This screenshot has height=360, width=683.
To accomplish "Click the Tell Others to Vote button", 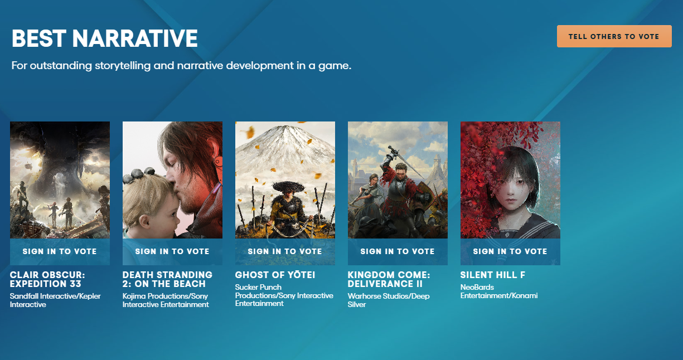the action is (614, 36).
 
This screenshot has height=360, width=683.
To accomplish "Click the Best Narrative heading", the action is (105, 38).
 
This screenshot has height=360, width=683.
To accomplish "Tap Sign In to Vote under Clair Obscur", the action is (60, 251).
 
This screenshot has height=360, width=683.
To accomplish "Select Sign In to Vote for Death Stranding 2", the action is (172, 251).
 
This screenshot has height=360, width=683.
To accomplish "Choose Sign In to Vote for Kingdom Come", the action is (398, 251).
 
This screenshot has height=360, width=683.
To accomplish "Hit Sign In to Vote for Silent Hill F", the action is (510, 251).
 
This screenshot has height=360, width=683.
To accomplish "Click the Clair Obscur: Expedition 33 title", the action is (47, 279).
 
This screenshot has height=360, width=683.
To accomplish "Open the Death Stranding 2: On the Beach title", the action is (167, 279).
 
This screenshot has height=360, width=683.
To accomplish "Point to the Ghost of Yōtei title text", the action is (275, 275).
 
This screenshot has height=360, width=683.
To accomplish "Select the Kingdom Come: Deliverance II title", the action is (389, 279).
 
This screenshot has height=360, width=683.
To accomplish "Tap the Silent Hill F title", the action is (493, 275).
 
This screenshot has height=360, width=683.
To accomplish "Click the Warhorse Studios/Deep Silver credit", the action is (389, 300).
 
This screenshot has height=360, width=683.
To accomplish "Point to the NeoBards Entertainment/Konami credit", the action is (499, 291).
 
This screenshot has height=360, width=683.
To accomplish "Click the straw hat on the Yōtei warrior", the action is (288, 186).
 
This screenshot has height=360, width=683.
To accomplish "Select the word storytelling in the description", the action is (123, 66).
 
